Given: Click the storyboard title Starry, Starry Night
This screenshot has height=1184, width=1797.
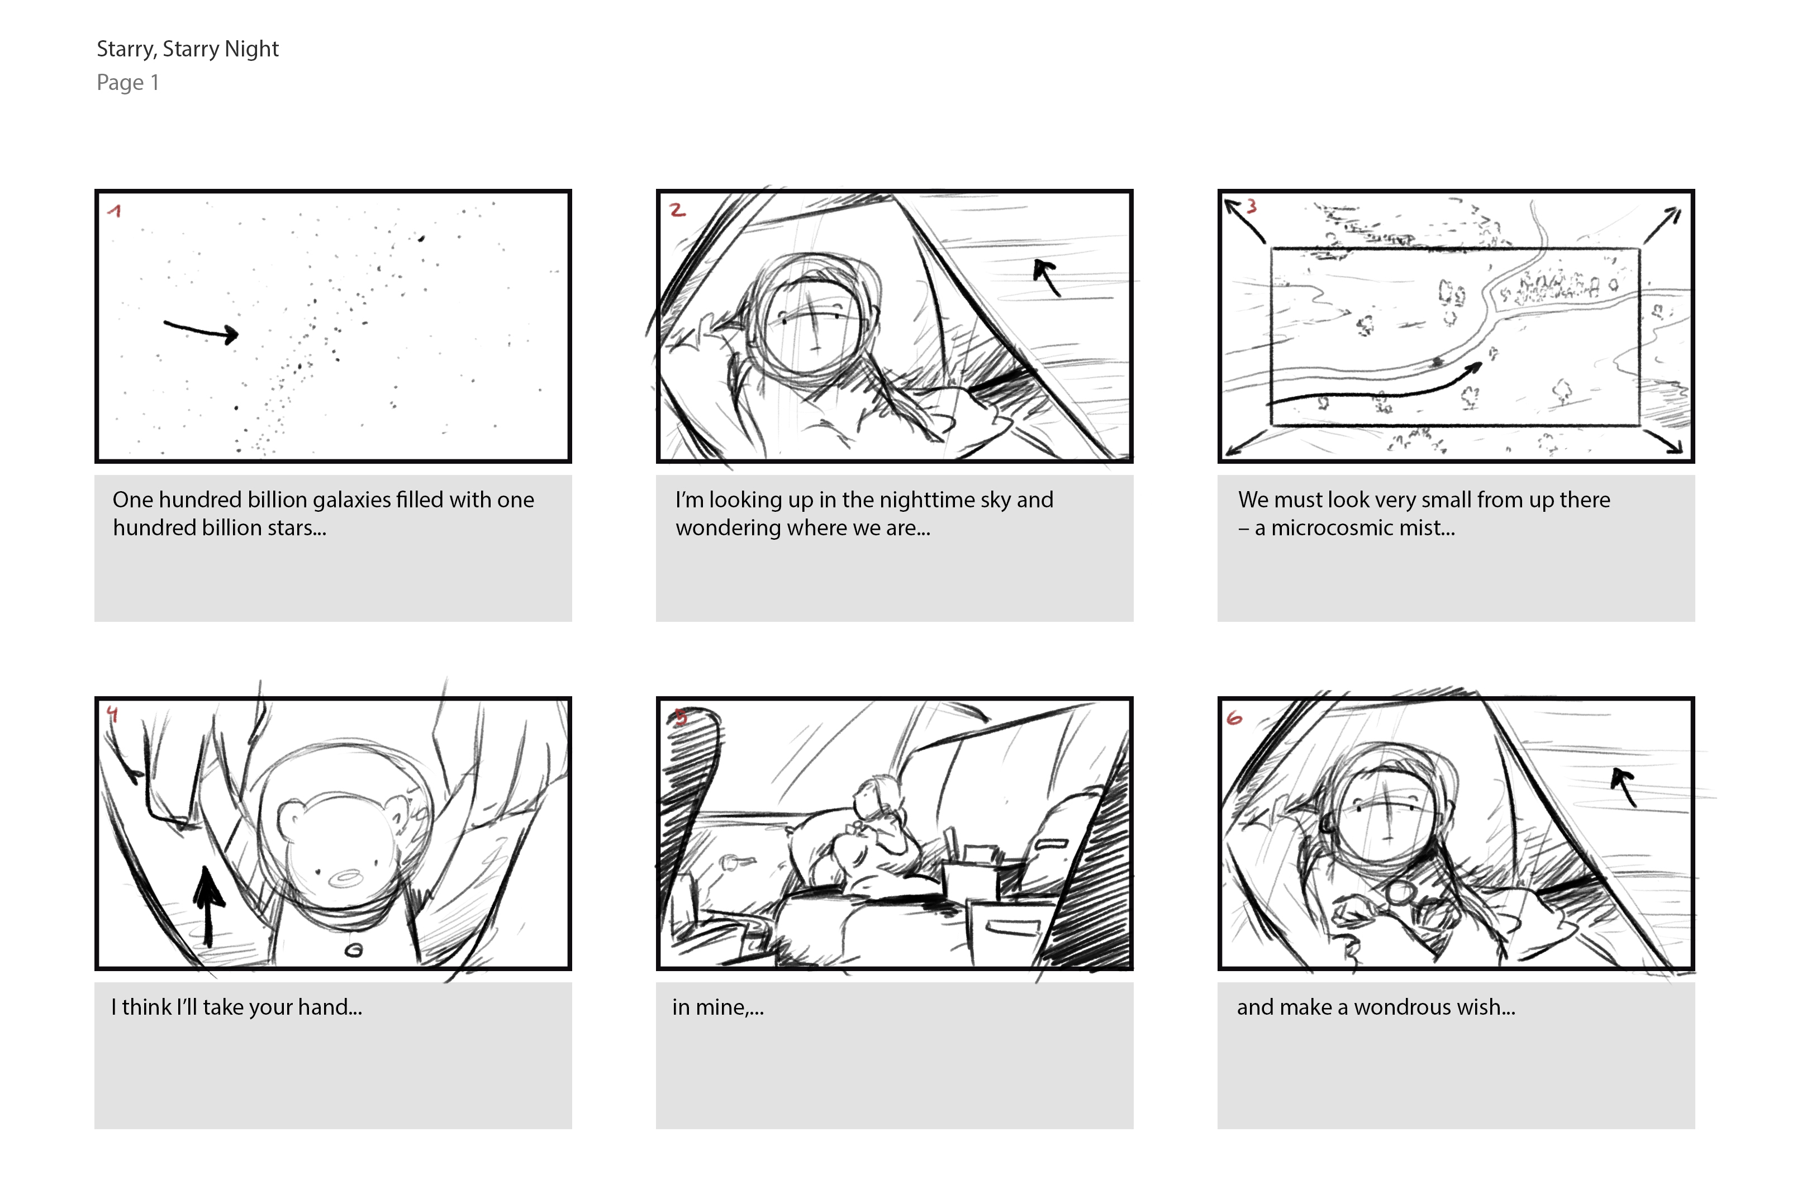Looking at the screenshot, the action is pos(188,49).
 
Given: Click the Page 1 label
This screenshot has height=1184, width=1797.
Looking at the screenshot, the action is pos(127,82).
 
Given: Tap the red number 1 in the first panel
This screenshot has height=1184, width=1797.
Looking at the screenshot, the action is pos(115,211).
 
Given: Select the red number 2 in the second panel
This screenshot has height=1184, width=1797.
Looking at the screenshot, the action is pos(677,210).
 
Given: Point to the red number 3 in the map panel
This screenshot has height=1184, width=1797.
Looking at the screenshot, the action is pos(1251,206).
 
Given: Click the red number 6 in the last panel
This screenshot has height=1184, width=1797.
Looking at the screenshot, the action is pos(1234,717).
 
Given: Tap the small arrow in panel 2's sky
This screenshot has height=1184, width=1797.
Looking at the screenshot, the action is pos(1047,278).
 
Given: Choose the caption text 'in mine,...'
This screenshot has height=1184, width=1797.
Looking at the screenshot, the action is pos(718,1008).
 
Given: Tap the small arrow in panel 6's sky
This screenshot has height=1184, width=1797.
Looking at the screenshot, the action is pos(1624,787).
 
